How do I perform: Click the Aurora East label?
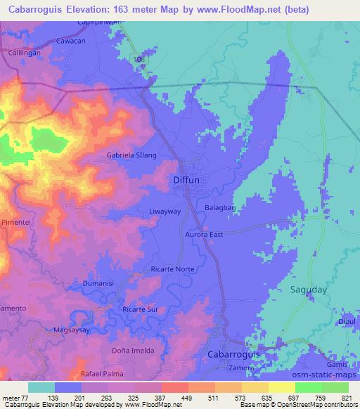tap(204, 234)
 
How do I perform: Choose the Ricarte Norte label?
tap(172, 269)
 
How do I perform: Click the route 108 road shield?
tap(143, 61)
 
